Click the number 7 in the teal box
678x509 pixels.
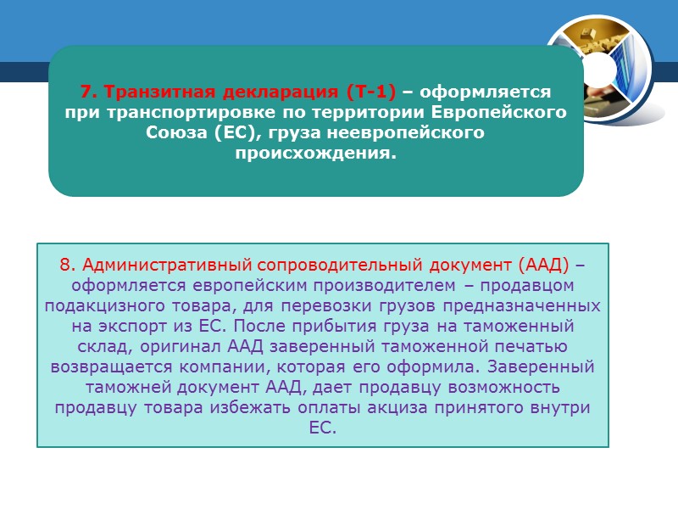[85, 92]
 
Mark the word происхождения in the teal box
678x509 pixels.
[316, 154]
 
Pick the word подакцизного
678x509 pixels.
[99, 305]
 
